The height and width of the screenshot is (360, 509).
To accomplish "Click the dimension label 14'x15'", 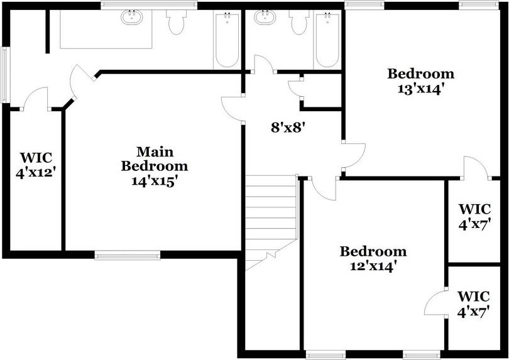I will [x=154, y=181].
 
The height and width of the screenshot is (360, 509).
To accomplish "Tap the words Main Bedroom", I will [x=154, y=159].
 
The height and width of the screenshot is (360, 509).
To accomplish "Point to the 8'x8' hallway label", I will [x=287, y=128].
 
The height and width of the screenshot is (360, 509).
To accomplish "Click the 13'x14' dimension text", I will [x=420, y=89].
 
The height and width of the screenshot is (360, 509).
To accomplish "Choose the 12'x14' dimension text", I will [x=373, y=266].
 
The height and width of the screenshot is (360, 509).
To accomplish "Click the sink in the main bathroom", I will [x=132, y=16].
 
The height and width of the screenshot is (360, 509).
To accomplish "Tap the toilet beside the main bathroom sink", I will [x=175, y=22].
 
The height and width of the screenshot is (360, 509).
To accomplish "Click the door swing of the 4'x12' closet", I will [x=36, y=97].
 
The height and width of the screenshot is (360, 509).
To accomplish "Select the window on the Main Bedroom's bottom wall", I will [x=127, y=254].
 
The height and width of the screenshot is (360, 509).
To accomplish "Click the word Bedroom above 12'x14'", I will [x=373, y=252].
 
